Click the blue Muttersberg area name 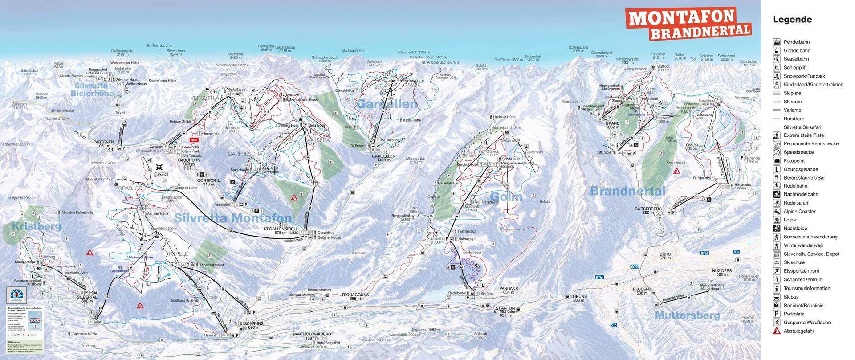(x=687, y=315)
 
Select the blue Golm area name (x=506, y=196)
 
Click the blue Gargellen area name (x=387, y=105)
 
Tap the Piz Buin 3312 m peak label (x=159, y=46)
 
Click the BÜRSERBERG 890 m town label (x=648, y=210)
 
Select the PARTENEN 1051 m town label (x=104, y=143)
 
